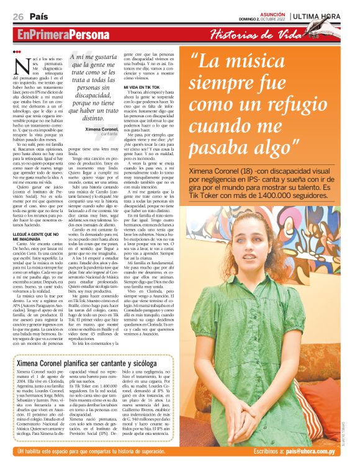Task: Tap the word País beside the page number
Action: click(38, 17)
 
